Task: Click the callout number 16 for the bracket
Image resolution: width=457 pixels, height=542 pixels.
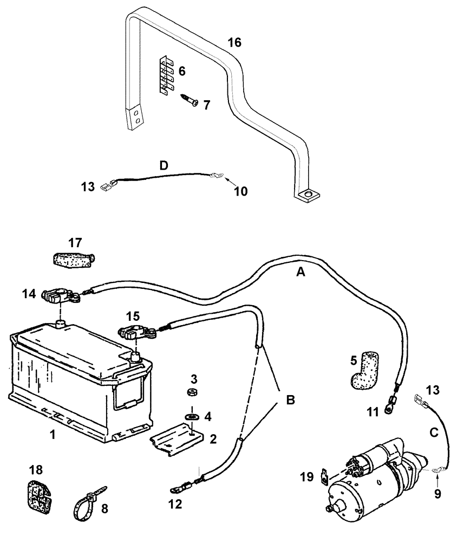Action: point(234,43)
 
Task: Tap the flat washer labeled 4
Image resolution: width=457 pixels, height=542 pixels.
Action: point(191,416)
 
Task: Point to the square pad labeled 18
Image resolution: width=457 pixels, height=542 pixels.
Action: point(37,494)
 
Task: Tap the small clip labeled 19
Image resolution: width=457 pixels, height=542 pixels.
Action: point(325,476)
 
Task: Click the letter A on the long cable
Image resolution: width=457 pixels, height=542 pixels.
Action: point(301,274)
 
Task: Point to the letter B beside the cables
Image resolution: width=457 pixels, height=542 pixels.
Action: point(290,401)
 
